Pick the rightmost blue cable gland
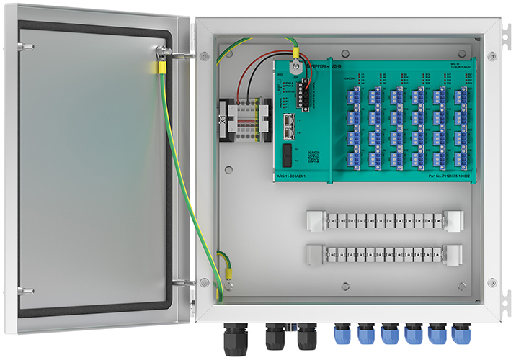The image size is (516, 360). click(460, 333)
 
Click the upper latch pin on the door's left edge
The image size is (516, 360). click(25, 47)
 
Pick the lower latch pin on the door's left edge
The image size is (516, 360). click(25, 291)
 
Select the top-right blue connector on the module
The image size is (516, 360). click(458, 96)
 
